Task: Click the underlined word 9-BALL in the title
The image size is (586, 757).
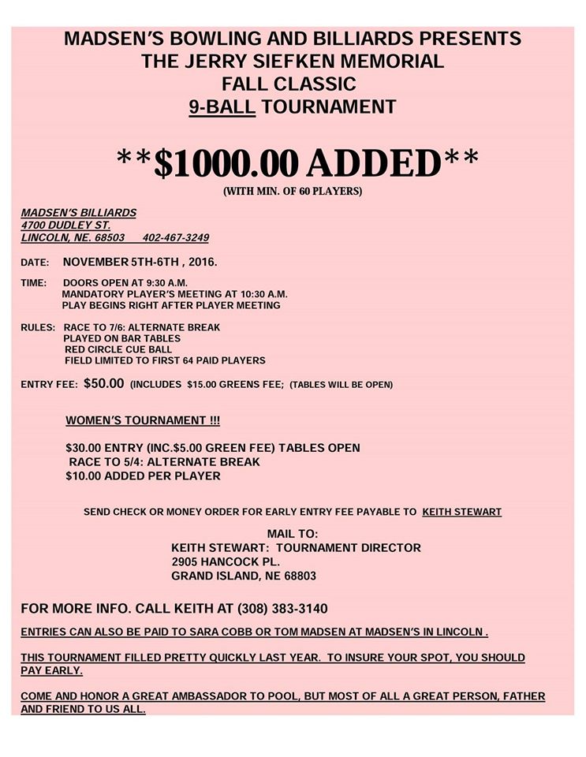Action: coord(222,106)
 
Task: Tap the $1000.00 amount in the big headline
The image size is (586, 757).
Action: coord(226,162)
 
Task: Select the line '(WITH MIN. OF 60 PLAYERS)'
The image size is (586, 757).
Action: coord(292,191)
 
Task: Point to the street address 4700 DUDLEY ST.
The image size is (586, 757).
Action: coord(65,225)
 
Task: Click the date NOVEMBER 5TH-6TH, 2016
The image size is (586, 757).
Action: coord(140,261)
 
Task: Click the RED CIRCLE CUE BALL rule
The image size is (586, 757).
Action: coord(118,349)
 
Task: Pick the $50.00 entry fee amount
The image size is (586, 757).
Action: coord(103,384)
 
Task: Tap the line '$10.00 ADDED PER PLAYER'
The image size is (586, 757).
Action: coord(143,476)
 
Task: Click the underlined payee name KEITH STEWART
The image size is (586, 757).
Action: coord(461,512)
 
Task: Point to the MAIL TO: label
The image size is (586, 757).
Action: coord(292,534)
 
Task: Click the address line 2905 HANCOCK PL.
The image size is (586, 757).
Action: coord(225,561)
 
